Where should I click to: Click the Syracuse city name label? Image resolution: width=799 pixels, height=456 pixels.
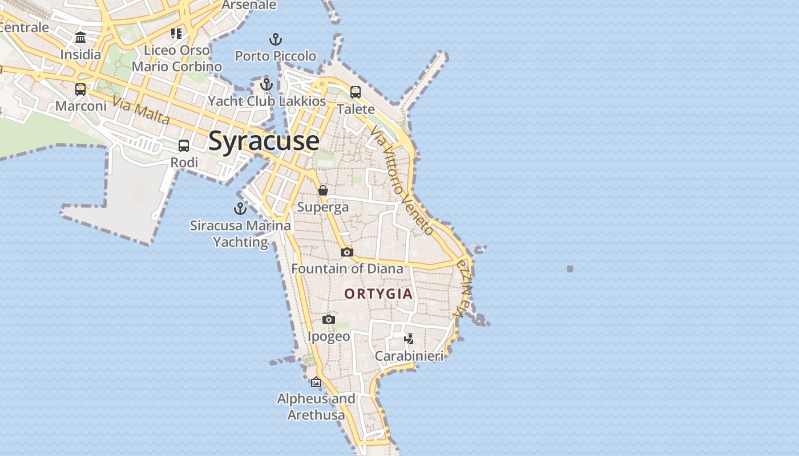(x=263, y=141)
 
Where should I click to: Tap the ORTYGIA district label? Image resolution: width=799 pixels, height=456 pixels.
(x=378, y=294)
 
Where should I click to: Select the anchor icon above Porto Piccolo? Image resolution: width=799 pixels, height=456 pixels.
(x=276, y=39)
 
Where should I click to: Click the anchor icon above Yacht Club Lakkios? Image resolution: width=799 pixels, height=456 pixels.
(x=266, y=84)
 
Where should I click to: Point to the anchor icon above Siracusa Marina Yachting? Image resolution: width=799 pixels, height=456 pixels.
(x=240, y=208)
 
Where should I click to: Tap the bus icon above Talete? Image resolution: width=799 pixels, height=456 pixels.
(x=356, y=92)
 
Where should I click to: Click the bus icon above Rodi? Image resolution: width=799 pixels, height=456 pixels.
(x=184, y=146)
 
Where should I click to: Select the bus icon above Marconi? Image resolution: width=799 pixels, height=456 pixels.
(x=80, y=89)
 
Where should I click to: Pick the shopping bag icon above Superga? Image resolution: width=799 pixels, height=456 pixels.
(x=323, y=190)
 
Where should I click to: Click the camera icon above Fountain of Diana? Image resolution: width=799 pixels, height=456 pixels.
(x=347, y=252)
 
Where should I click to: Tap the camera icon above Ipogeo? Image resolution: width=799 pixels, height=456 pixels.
(x=328, y=320)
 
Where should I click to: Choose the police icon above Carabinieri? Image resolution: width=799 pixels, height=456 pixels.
(x=409, y=339)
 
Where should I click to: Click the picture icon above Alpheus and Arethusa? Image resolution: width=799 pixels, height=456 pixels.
(x=316, y=382)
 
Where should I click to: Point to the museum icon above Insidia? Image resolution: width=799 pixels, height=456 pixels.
(x=80, y=38)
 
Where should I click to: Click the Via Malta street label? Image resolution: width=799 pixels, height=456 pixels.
(x=141, y=111)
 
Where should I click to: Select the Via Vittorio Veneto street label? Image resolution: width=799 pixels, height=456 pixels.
(x=402, y=180)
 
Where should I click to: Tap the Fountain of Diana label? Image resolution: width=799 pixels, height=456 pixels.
(x=347, y=268)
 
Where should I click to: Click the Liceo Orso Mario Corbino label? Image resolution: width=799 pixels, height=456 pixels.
(x=177, y=58)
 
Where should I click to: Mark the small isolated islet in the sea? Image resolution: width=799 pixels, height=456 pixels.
(x=570, y=268)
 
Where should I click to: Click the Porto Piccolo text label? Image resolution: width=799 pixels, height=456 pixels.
(x=276, y=56)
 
